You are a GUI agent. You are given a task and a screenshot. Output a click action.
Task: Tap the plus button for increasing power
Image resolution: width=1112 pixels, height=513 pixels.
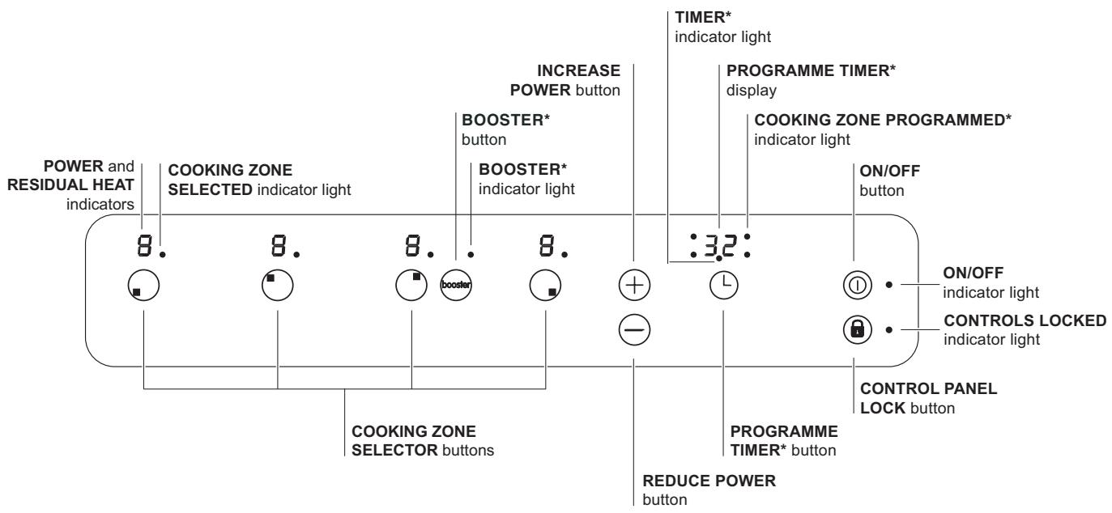pos(635,284)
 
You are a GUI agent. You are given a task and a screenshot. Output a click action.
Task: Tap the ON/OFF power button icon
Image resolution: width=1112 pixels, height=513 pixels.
pos(854,285)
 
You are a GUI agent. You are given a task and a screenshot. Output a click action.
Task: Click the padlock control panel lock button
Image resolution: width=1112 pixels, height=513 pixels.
pos(854,329)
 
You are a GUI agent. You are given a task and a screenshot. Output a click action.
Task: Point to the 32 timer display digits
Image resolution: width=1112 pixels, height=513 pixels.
pos(718,245)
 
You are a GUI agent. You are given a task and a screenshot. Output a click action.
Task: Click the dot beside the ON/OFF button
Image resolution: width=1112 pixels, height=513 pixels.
pos(889,285)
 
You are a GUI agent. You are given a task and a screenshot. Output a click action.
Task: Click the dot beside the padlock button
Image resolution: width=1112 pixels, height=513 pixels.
pos(889,329)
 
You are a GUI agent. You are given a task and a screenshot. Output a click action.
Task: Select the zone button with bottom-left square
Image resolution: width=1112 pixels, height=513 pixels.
pos(144,284)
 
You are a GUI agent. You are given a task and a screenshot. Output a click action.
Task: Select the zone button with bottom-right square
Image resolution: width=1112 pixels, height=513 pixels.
pos(545,284)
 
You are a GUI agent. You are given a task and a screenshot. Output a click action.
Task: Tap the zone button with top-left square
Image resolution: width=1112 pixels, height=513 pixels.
pos(278,284)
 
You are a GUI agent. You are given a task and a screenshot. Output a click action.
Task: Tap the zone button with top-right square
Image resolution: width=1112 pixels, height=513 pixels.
pos(411,284)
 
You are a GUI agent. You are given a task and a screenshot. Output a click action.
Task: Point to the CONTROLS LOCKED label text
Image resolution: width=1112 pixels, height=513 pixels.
pos(1025,321)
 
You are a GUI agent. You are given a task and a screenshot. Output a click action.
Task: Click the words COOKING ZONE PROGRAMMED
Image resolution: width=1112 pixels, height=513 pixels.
pos(884,119)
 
